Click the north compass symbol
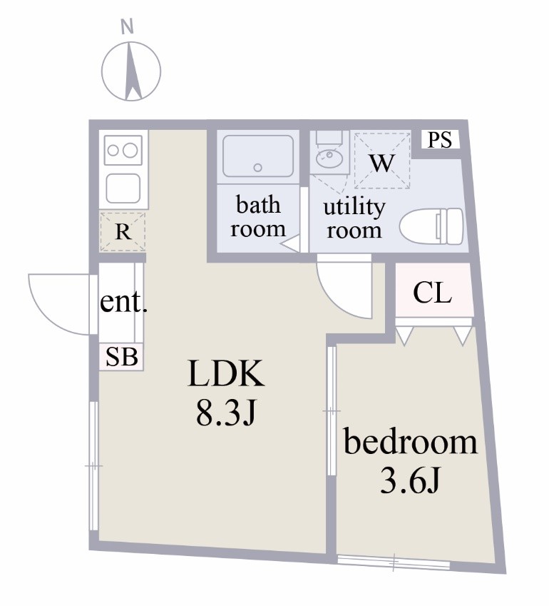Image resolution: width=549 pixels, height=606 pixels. coord(130,71)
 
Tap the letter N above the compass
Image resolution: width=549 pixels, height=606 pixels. coord(128,28)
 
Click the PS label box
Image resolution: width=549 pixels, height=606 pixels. coord(440,140)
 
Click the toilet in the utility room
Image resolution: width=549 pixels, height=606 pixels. coord(431,227)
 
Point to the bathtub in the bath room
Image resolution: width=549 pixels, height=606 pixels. coord(257,157)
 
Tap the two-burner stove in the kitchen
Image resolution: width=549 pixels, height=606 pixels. coord(122,151)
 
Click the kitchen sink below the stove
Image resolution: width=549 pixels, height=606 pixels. coord(123,188)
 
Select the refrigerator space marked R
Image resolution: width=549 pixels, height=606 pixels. coord(123,231)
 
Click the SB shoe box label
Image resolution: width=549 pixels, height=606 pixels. coord(122,358)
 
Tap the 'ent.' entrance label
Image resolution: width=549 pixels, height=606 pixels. coord(123,303)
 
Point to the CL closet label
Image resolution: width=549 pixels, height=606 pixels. coord(433,293)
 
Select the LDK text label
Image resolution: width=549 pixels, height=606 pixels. coord(226,374)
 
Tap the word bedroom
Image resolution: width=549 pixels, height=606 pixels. coord(410,443)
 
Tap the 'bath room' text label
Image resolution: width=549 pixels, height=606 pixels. coord(258,217)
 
